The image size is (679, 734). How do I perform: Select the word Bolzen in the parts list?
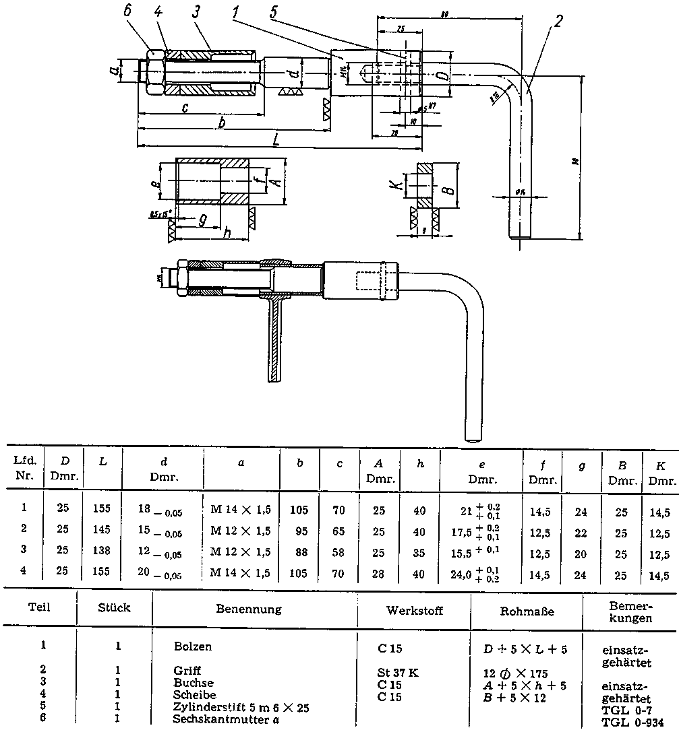point(192,646)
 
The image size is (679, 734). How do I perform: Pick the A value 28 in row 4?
point(380,574)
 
